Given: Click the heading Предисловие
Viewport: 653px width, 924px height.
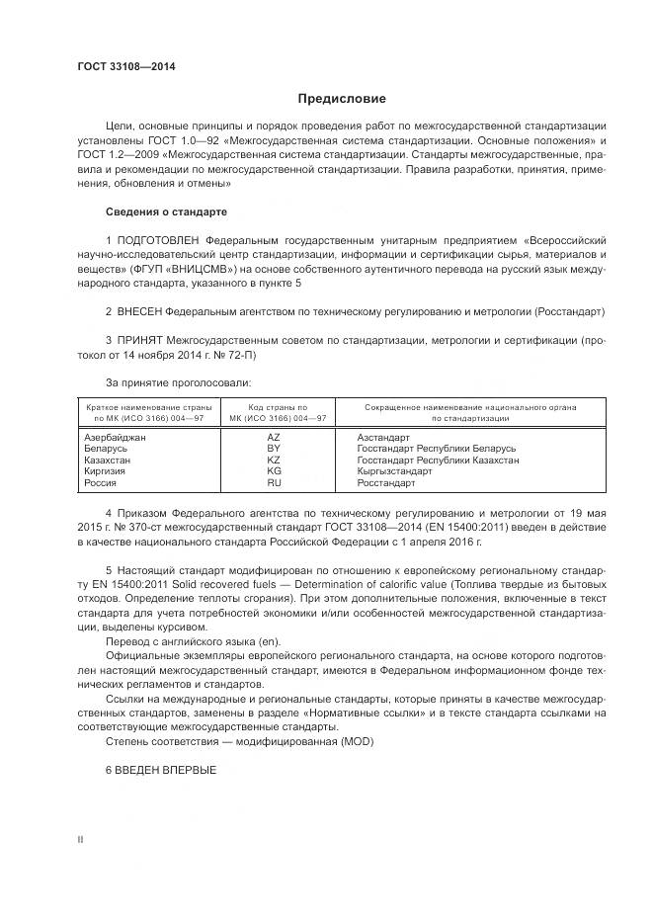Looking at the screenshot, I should (342, 99).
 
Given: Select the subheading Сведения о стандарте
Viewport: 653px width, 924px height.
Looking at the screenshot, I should (166, 211).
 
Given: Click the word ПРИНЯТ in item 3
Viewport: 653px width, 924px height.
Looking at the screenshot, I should (139, 340).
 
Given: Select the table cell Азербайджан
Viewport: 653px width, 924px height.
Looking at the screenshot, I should (116, 436).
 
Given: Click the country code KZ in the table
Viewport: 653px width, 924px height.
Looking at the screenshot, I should (274, 460).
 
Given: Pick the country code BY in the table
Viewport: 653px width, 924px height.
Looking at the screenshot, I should (274, 448).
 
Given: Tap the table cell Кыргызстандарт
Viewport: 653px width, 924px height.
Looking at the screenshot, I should (394, 471).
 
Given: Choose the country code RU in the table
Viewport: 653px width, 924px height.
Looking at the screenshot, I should (274, 483).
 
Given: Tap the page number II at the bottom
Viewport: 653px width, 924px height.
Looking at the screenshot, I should (80, 839).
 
